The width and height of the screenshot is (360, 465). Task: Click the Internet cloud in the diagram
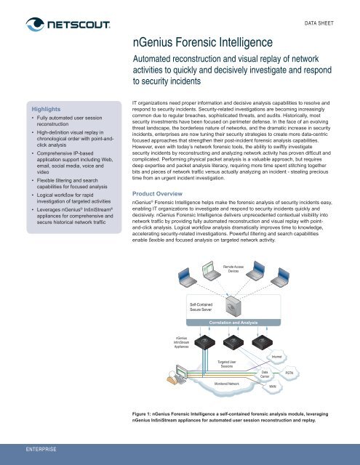(276, 357)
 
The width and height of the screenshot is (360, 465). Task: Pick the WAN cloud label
(272, 387)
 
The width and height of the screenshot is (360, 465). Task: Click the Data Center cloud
(265, 373)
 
